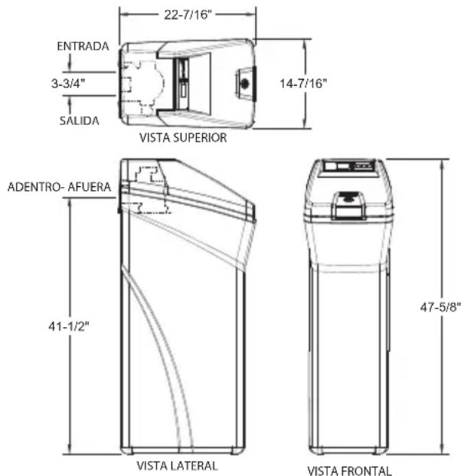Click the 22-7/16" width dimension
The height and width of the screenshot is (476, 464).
188,15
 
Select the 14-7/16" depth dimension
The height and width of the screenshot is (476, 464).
303,84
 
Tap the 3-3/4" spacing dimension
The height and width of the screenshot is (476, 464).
68,84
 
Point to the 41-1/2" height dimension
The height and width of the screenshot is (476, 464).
69,327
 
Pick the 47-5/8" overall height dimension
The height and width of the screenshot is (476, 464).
441,307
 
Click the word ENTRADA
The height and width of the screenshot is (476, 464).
83,46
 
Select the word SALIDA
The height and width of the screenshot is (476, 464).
79,121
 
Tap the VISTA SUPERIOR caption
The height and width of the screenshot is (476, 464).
183,137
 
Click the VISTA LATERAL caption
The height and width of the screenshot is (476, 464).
177,466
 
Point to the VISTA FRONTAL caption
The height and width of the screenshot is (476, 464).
350,471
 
